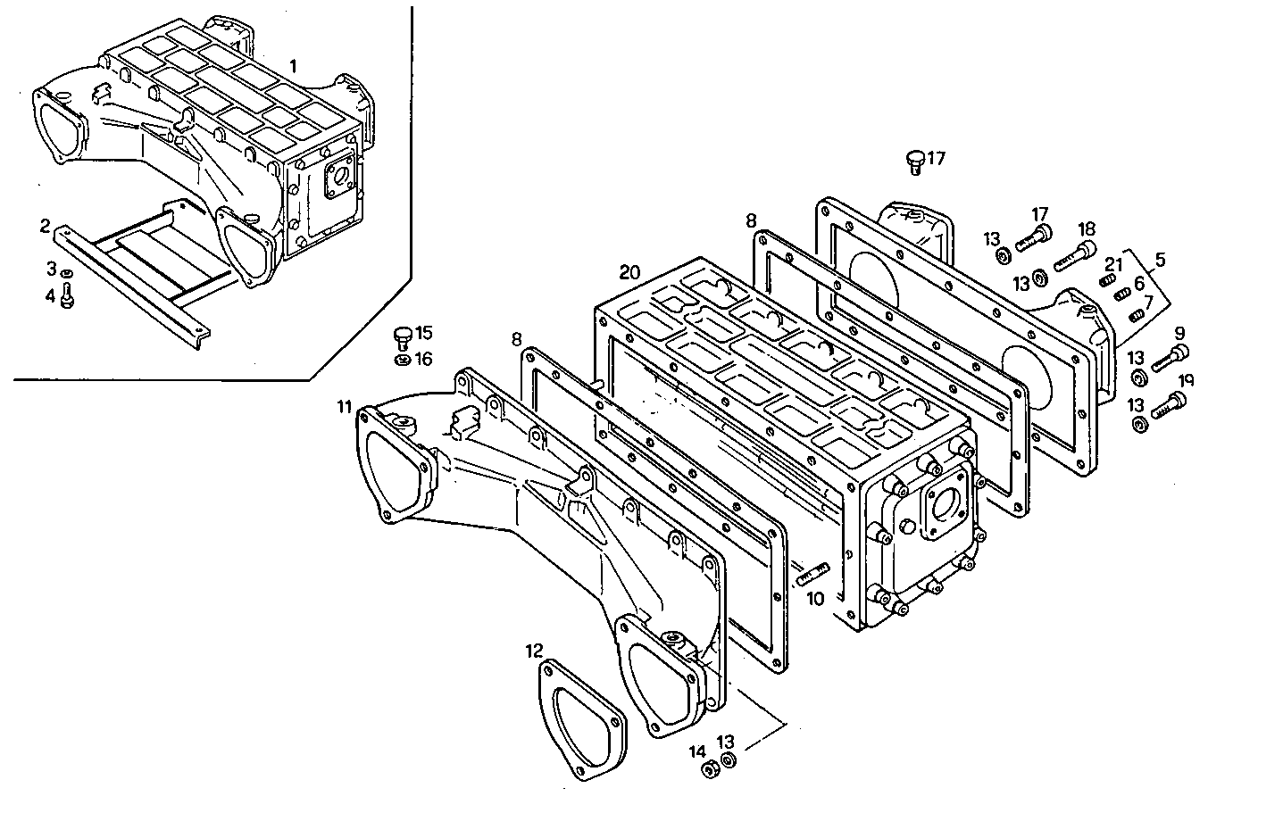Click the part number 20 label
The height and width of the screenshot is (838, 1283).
[x=629, y=271]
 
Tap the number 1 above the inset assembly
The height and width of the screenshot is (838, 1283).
[x=295, y=66]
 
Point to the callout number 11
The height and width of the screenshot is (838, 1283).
[x=344, y=408]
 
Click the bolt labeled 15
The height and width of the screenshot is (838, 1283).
[x=403, y=336]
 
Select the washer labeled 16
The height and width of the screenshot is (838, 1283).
[x=403, y=360]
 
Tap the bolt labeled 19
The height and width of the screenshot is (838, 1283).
[x=1168, y=408]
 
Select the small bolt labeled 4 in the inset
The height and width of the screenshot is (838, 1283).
[x=67, y=298]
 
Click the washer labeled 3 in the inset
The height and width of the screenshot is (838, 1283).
[x=67, y=271]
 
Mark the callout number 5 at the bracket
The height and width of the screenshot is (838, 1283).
[x=1159, y=261]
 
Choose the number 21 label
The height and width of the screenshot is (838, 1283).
[x=1112, y=264]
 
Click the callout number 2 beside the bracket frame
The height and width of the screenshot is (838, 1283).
[x=45, y=225]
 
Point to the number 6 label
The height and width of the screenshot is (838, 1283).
[x=1139, y=283]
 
